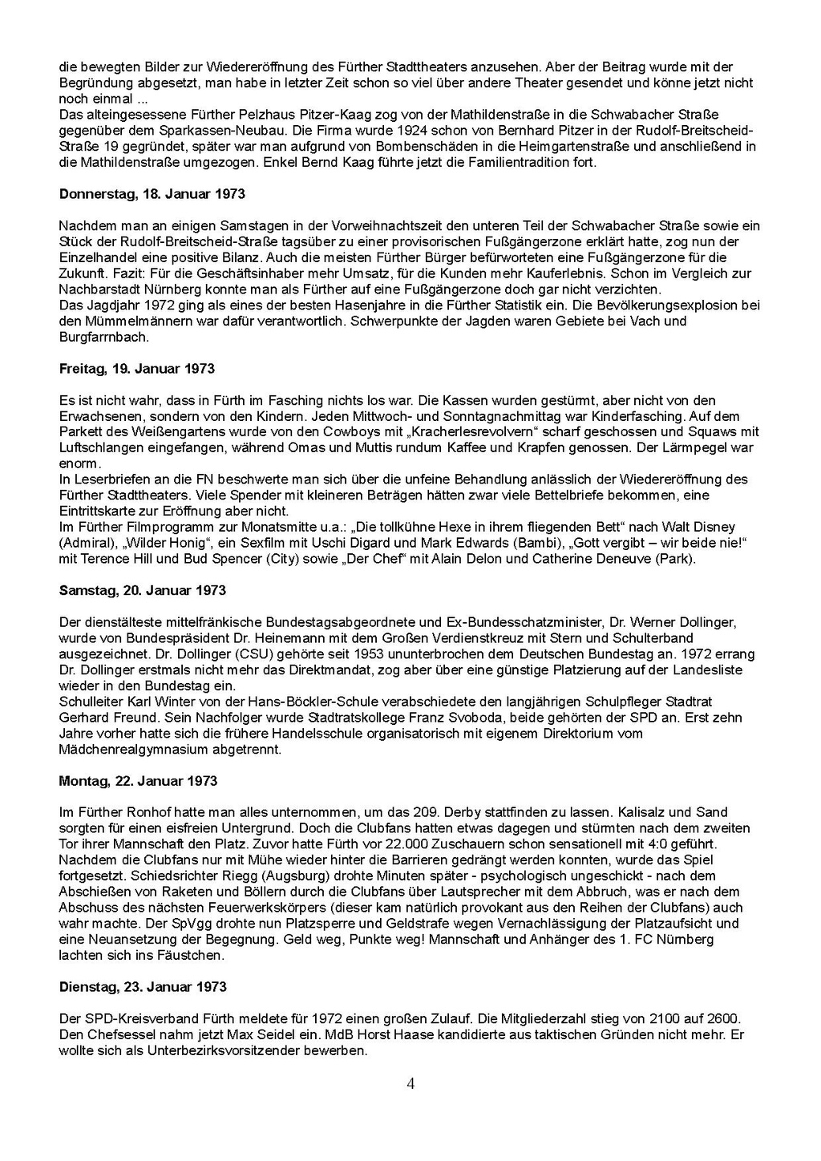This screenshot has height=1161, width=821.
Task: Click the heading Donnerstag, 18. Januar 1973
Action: (x=152, y=194)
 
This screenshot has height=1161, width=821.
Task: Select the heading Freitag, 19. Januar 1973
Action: (x=137, y=369)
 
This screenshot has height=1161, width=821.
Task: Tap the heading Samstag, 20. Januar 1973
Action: (x=143, y=590)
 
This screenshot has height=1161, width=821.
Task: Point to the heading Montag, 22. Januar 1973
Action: (x=138, y=781)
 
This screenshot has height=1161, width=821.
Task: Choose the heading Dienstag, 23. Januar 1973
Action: (x=144, y=987)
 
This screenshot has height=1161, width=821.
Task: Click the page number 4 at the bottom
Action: (x=410, y=1085)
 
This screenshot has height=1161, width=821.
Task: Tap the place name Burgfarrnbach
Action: (x=104, y=338)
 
